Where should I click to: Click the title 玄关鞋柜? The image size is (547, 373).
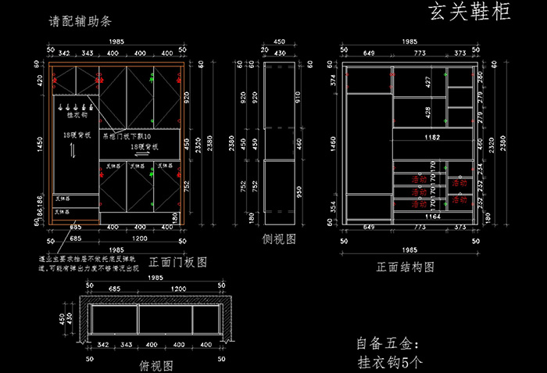click(x=470, y=13)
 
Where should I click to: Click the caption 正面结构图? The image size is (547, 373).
click(x=405, y=267)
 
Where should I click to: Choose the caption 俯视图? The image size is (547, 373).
click(x=156, y=365)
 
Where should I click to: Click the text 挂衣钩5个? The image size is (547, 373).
click(x=390, y=362)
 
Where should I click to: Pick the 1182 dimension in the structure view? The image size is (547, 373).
click(x=431, y=137)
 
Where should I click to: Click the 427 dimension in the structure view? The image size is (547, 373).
click(x=428, y=82)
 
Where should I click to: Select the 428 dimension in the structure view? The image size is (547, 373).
click(x=428, y=112)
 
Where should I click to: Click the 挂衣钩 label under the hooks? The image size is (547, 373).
click(x=77, y=115)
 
